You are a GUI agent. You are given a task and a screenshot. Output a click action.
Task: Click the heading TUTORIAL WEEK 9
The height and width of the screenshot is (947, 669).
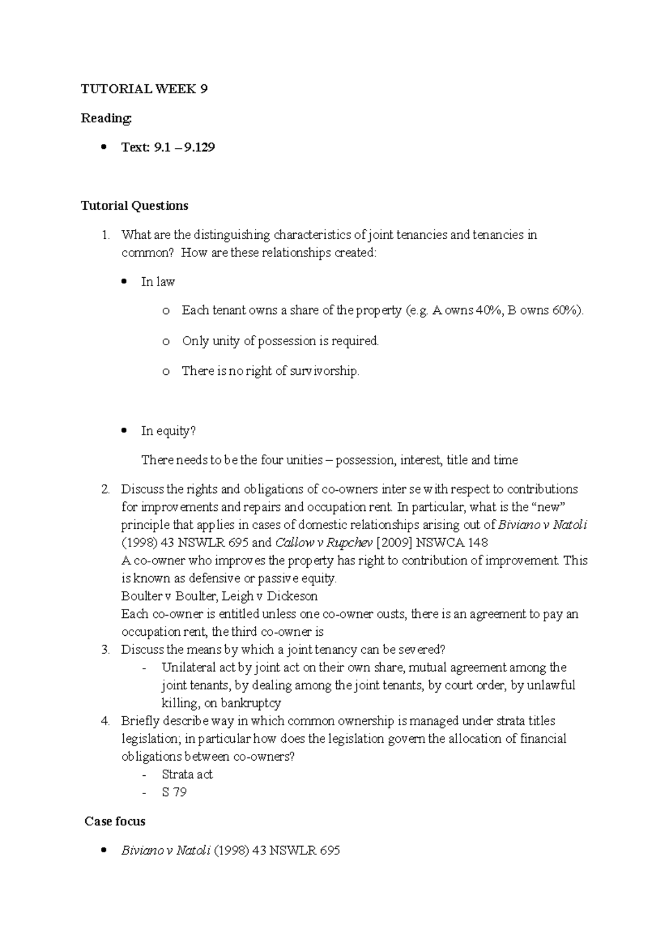144,89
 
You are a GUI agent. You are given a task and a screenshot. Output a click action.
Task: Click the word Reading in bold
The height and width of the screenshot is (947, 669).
106,118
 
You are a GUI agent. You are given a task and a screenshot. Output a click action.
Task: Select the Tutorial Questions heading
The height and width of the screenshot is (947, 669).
134,206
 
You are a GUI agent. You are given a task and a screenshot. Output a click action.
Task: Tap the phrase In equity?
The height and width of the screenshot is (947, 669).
168,431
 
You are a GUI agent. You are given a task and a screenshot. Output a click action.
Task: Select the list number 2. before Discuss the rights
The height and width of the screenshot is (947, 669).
106,489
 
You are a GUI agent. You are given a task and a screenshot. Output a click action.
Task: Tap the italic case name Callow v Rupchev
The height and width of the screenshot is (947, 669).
324,543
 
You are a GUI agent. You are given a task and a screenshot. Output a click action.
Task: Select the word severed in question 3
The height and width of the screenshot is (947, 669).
420,650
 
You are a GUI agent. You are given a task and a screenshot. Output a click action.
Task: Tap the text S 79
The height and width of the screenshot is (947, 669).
174,793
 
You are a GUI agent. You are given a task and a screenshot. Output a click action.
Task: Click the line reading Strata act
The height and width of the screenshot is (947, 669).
187,775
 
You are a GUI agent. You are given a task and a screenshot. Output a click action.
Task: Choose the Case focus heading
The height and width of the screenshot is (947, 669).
115,822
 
